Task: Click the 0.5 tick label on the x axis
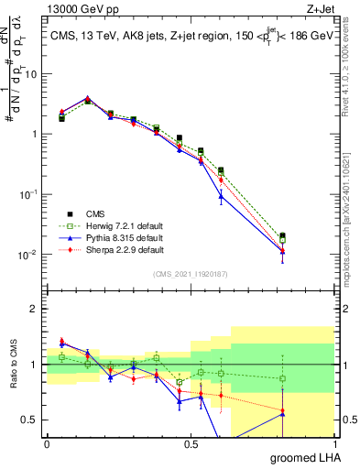coord(191,444)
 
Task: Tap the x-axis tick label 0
coord(47,444)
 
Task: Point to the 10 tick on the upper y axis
coord(30,74)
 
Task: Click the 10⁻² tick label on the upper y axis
coord(27,255)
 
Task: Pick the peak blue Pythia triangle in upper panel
coord(88,98)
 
